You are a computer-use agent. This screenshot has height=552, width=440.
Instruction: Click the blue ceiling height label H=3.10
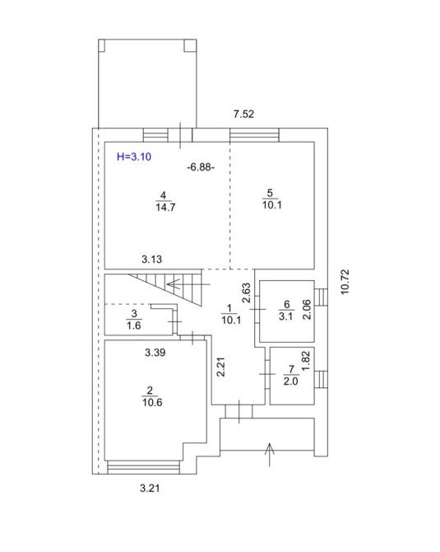pyautogui.click(x=134, y=157)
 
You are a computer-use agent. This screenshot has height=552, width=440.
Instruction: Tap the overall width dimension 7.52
pyautogui.click(x=243, y=114)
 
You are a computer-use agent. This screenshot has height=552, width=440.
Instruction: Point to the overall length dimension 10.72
pyautogui.click(x=345, y=282)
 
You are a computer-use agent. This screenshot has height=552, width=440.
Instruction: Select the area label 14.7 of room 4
pyautogui.click(x=165, y=207)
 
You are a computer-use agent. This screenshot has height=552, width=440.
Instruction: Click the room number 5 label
pyautogui.click(x=270, y=193)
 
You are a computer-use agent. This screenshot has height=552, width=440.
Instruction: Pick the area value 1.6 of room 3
pyautogui.click(x=134, y=325)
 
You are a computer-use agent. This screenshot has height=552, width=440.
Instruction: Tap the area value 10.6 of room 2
pyautogui.click(x=152, y=402)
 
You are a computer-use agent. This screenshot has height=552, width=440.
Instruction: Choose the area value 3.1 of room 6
pyautogui.click(x=285, y=316)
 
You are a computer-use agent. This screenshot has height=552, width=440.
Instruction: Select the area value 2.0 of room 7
pyautogui.click(x=290, y=381)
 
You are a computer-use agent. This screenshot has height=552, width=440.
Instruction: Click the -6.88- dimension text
pyautogui.click(x=201, y=167)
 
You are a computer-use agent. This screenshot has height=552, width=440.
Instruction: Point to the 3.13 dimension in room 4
pyautogui.click(x=152, y=260)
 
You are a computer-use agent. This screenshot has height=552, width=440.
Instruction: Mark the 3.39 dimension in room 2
pyautogui.click(x=155, y=353)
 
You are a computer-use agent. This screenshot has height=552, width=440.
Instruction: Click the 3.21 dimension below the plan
pyautogui.click(x=150, y=489)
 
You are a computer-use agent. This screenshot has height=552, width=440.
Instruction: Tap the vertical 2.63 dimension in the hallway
pyautogui.click(x=247, y=293)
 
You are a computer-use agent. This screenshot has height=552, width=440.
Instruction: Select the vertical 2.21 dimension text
pyautogui.click(x=220, y=367)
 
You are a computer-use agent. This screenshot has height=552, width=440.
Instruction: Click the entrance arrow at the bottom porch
pyautogui.click(x=270, y=455)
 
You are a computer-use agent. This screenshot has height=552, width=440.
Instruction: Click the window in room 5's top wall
pyautogui.click(x=254, y=135)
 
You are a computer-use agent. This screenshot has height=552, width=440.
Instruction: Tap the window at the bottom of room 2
pyautogui.click(x=143, y=467)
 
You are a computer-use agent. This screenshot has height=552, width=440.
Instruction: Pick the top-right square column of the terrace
pyautogui.click(x=190, y=45)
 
